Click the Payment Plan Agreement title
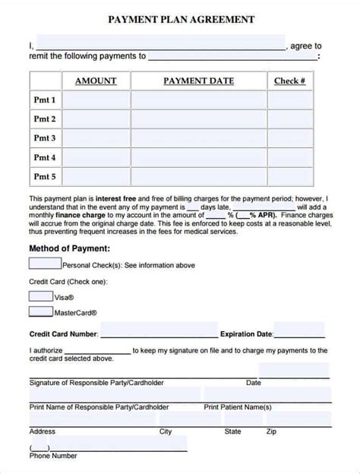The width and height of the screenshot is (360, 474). coord(180,21)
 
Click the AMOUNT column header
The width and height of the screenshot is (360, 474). coord(95,81)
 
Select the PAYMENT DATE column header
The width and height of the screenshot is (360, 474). coord(198,81)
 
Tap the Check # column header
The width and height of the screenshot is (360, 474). coord(289,81)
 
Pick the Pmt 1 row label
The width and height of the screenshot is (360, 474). coord(45,100)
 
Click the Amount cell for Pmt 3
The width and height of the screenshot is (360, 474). coord(95,138)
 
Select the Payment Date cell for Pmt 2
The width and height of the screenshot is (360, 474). coord(198,119)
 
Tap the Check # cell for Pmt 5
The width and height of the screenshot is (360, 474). coord(289,176)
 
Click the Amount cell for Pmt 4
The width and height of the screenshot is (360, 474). coord(95,157)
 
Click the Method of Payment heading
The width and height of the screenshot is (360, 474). coord(69,248)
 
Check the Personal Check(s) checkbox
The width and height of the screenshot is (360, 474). coord(45,264)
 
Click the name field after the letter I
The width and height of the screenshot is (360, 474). coord(159,43)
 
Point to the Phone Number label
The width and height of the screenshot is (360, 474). coord(53,456)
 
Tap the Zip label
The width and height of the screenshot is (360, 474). coord(271,431)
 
